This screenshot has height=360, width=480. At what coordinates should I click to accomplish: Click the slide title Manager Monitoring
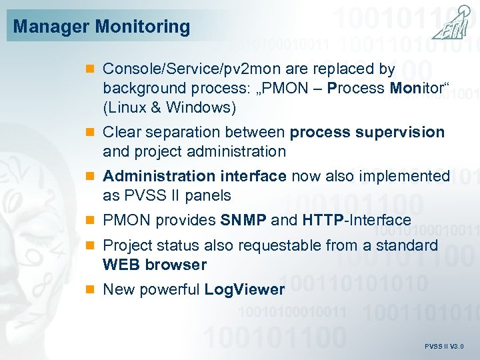pyautogui.click(x=101, y=27)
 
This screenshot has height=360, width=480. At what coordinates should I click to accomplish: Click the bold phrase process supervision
pyautogui.click(x=367, y=132)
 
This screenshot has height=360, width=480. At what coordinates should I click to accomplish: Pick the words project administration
pyautogui.click(x=209, y=151)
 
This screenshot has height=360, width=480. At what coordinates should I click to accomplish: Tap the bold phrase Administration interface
pyautogui.click(x=195, y=176)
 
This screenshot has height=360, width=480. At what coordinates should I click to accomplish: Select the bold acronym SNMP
pyautogui.click(x=243, y=220)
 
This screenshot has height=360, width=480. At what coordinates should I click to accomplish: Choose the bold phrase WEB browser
pyautogui.click(x=155, y=265)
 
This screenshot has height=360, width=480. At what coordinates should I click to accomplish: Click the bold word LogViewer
pyautogui.click(x=244, y=289)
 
